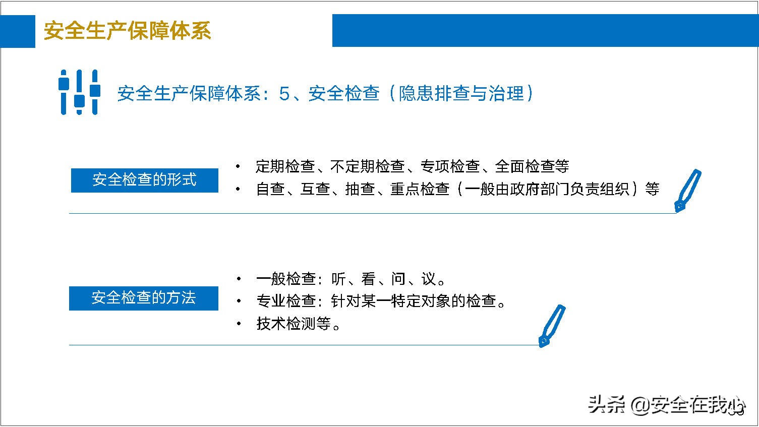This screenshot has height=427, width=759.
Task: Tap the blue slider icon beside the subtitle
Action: pyautogui.click(x=79, y=92)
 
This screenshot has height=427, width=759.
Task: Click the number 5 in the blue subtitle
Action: pyautogui.click(x=284, y=94)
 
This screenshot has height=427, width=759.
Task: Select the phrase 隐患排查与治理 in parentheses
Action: pyautogui.click(x=461, y=94)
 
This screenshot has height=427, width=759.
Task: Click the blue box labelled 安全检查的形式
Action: pyautogui.click(x=145, y=180)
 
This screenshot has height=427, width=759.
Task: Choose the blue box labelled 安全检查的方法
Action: pyautogui.click(x=144, y=298)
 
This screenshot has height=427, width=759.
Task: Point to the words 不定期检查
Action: pyautogui.click(x=368, y=166)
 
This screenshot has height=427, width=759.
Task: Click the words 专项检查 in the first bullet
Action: pyautogui.click(x=450, y=166)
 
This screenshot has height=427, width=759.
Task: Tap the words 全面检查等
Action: pyautogui.click(x=532, y=166)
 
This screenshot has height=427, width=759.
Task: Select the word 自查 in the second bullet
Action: pyautogui.click(x=271, y=189)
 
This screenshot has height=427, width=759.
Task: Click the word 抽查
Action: pyautogui.click(x=360, y=189)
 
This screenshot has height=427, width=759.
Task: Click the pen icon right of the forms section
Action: pyautogui.click(x=687, y=191)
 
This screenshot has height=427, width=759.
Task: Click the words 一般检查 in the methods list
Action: pyautogui.click(x=286, y=279)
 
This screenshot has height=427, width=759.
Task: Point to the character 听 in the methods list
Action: pyautogui.click(x=338, y=279)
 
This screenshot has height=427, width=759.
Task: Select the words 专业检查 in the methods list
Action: pyautogui.click(x=286, y=301)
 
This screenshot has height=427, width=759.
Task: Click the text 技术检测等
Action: pyautogui.click(x=294, y=324)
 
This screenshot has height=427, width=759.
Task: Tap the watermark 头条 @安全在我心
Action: pyautogui.click(x=666, y=404)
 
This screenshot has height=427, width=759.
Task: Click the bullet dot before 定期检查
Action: pyautogui.click(x=238, y=166)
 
